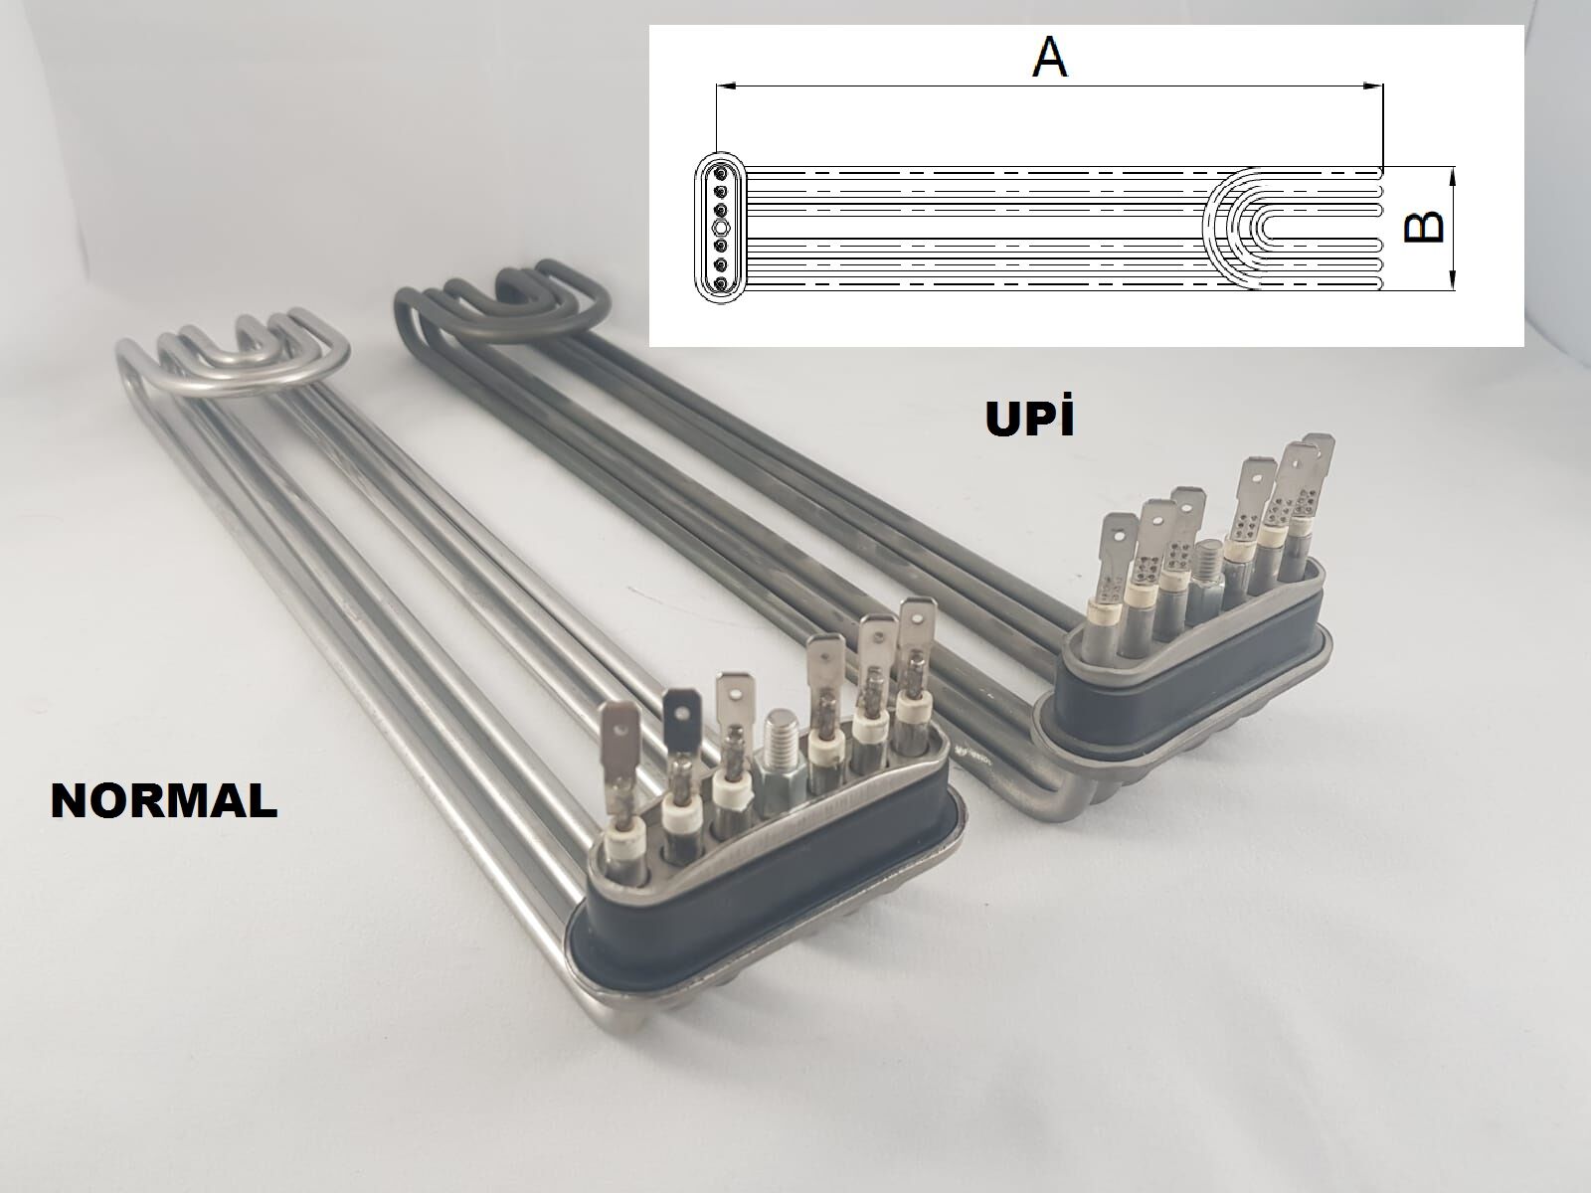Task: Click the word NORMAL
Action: point(164,800)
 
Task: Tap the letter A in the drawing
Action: point(1049,58)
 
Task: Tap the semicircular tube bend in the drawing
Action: point(1233,228)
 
